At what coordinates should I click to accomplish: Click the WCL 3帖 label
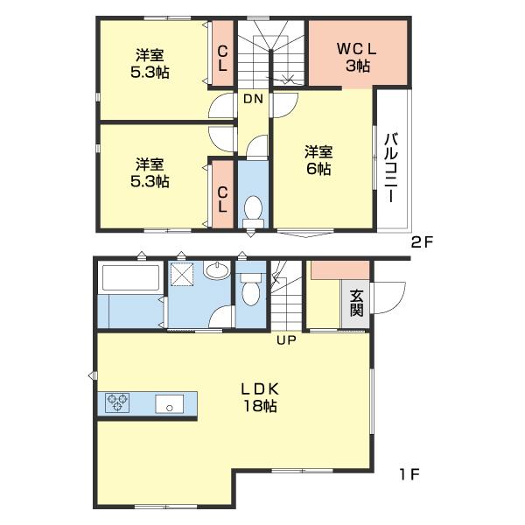pos(357,58)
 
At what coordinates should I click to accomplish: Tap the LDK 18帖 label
pos(260,397)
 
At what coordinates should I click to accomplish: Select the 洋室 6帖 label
pos(318,160)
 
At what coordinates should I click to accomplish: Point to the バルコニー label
pos(391,167)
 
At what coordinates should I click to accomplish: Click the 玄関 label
pos(357,303)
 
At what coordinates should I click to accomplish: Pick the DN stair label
pos(253,99)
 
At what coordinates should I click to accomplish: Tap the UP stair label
pos(286,340)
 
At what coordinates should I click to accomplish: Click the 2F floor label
pos(423,242)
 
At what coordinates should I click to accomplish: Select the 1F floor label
pos(409,474)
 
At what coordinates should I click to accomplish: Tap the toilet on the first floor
pos(251,289)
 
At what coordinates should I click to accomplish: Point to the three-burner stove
pos(117,402)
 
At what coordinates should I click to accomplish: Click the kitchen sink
pos(170,403)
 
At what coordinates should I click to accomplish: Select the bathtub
pos(130,277)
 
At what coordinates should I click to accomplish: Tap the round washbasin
pos(217,269)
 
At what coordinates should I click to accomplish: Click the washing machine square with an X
pos(182,275)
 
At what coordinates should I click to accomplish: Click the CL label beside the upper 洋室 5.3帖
pos(222,58)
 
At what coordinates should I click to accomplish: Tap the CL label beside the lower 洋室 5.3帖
pos(222,199)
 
